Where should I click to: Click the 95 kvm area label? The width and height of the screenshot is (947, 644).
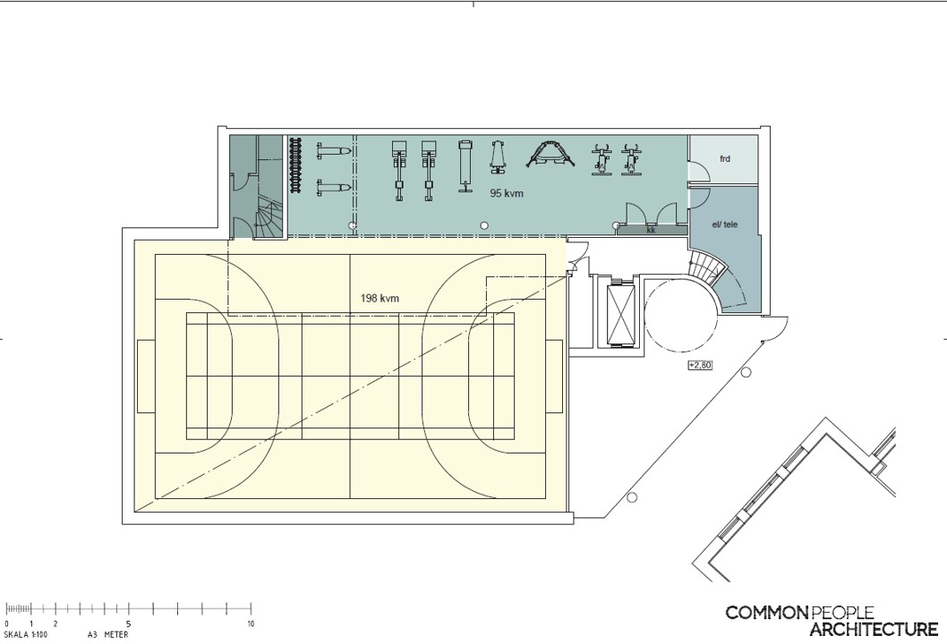[506, 194]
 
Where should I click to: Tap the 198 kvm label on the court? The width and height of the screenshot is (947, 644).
[380, 298]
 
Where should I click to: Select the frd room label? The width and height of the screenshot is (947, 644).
[725, 158]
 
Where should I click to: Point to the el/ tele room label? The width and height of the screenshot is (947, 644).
[724, 225]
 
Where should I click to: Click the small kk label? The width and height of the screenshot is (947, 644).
[651, 230]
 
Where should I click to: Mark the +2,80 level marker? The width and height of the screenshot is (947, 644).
[700, 365]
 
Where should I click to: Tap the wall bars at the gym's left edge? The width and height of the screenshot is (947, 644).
[296, 165]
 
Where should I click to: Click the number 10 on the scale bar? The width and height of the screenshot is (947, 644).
[251, 624]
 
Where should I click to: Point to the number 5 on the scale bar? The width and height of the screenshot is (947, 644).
[128, 624]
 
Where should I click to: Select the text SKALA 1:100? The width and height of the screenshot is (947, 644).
[25, 635]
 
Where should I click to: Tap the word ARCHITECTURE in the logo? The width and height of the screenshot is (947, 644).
[874, 630]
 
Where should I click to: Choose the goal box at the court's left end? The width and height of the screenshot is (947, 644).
[146, 376]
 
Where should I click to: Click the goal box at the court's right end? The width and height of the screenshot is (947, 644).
[554, 376]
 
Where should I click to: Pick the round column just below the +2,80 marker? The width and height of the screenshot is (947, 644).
[746, 372]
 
